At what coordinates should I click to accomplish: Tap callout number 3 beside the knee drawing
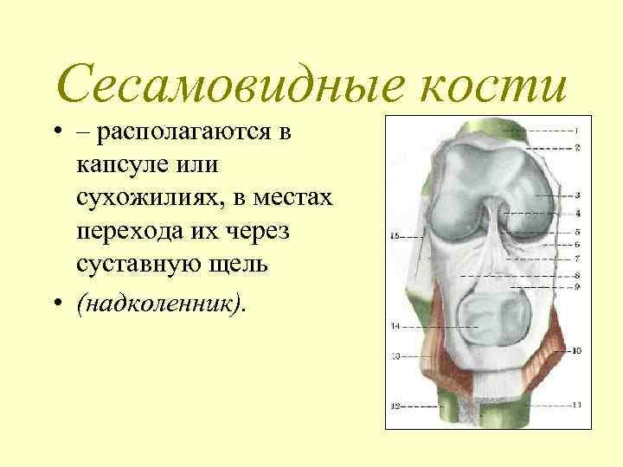(576, 195)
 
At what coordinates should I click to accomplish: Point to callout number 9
(576, 286)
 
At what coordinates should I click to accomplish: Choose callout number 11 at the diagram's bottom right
(576, 404)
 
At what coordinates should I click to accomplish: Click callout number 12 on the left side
(395, 404)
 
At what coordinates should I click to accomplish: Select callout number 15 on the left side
(395, 235)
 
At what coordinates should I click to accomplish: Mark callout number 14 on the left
(395, 326)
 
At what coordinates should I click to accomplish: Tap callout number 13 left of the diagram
(395, 355)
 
